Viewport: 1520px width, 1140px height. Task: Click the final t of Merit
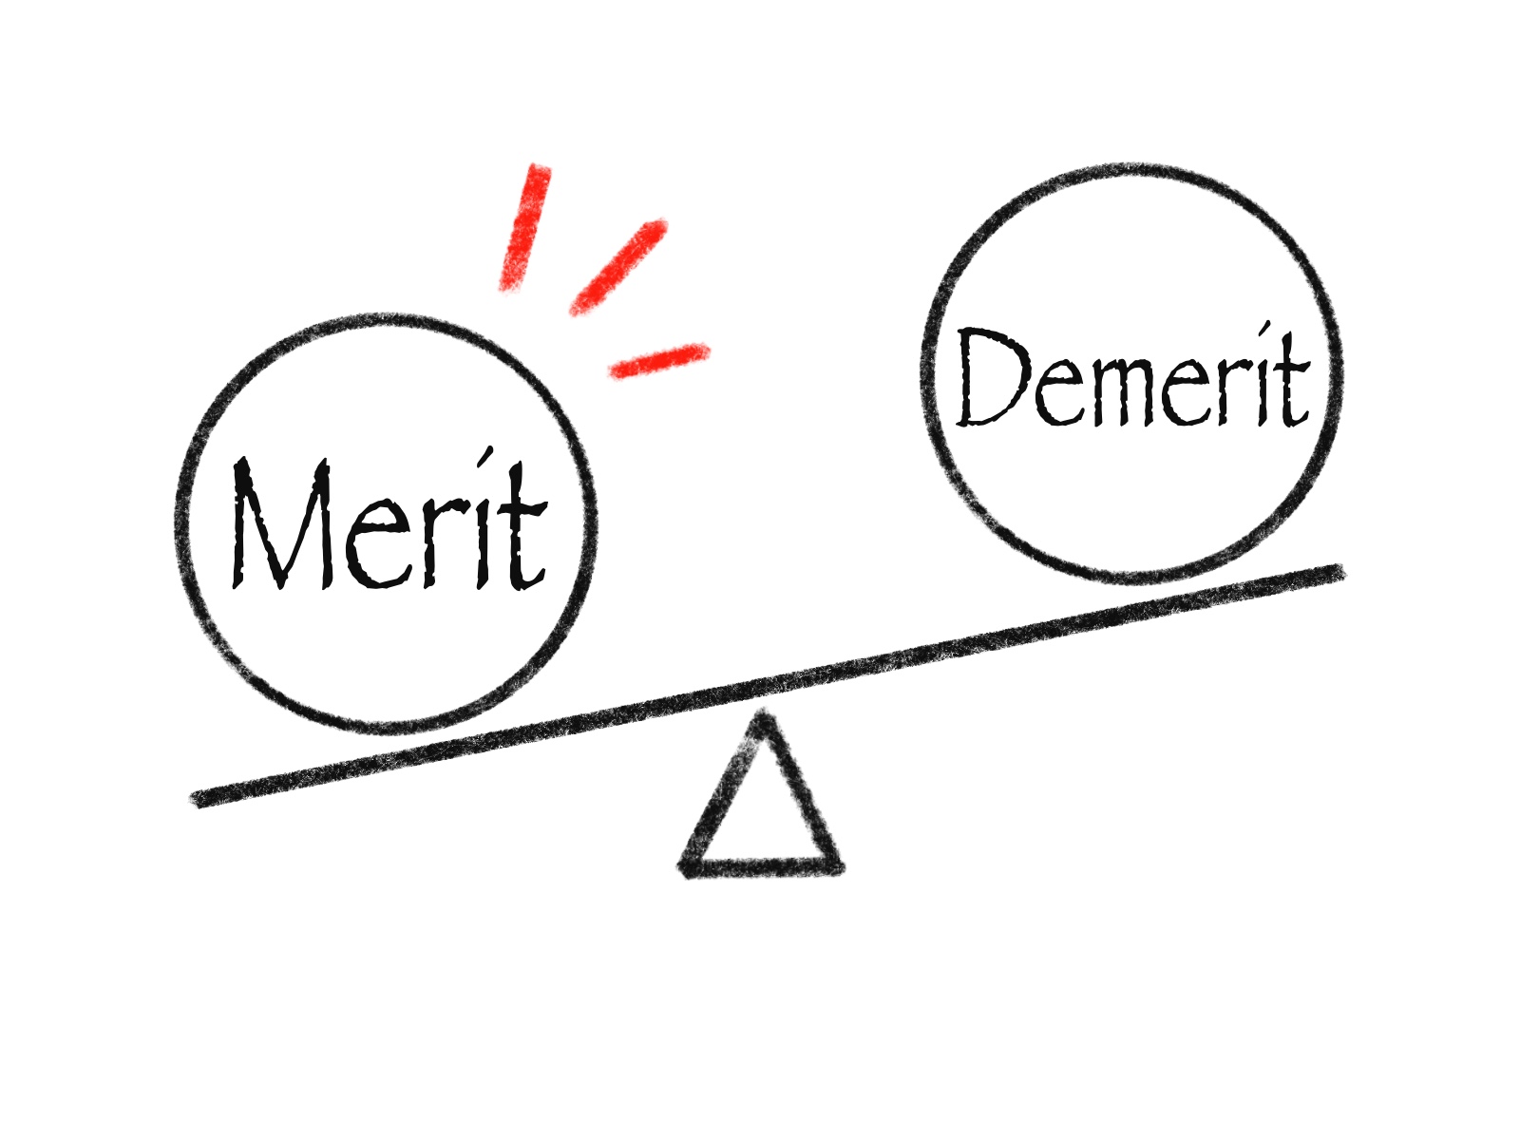pyautogui.click(x=522, y=525)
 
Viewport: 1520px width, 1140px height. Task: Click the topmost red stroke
pyautogui.click(x=524, y=227)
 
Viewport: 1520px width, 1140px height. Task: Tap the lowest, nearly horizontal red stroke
pyautogui.click(x=658, y=360)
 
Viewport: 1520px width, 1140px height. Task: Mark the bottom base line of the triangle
pyautogui.click(x=760, y=866)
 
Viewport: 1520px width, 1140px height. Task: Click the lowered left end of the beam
pyautogui.click(x=197, y=800)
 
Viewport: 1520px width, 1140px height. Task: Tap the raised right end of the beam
pyautogui.click(x=1338, y=571)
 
